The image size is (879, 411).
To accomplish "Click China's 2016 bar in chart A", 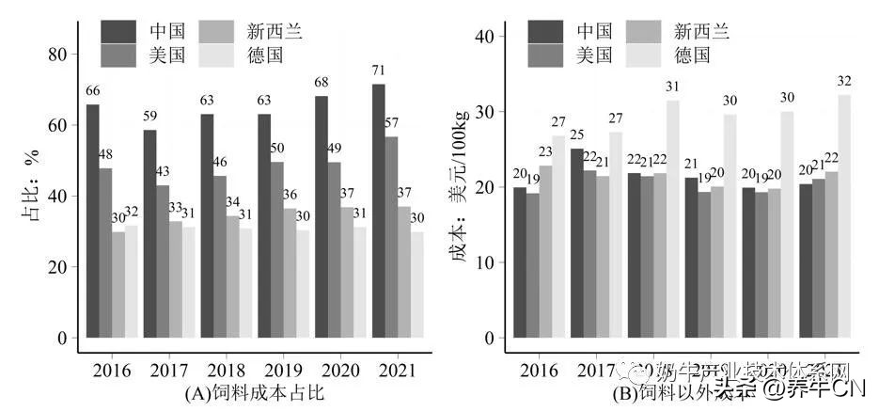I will pyautogui.click(x=92, y=220).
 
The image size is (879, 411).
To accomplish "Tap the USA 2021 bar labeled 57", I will pyautogui.click(x=391, y=236).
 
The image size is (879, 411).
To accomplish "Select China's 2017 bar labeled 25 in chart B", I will pyautogui.click(x=576, y=243).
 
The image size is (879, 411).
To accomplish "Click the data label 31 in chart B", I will pyautogui.click(x=672, y=87).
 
